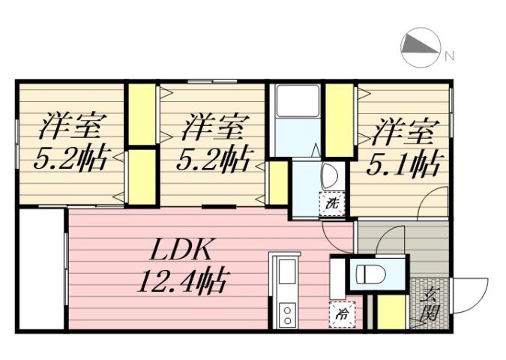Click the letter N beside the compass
(450, 55)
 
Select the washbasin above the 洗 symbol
(329, 177)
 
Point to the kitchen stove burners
(286, 313)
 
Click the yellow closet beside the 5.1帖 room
(339, 119)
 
